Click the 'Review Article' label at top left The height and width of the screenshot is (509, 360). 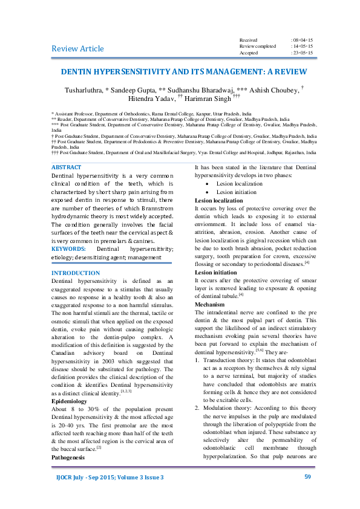[77, 48]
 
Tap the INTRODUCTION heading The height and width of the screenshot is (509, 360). [76, 273]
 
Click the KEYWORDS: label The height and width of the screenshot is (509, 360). [69, 248]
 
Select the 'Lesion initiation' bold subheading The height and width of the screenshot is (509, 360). [217, 273]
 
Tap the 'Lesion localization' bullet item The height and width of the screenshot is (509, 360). [232, 183]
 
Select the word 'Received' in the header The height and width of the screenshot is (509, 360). [249, 39]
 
